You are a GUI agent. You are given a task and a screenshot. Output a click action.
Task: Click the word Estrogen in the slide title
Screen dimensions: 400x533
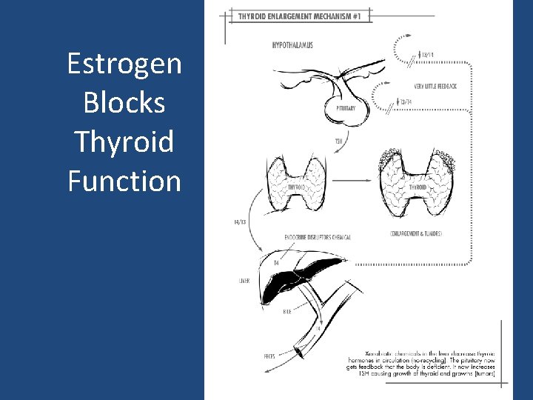(x=124, y=64)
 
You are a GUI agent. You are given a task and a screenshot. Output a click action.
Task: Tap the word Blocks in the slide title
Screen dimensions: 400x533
(x=124, y=102)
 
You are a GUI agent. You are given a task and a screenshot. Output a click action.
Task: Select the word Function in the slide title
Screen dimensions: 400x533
(x=124, y=180)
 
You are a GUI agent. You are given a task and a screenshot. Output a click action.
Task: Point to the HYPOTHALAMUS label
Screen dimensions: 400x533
(x=292, y=45)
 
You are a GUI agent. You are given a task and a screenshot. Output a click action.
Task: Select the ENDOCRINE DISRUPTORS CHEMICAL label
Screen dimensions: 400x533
(x=318, y=237)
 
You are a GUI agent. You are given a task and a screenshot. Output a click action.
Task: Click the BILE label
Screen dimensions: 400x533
(x=286, y=311)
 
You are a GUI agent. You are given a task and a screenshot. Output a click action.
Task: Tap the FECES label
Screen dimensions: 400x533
(x=249, y=356)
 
